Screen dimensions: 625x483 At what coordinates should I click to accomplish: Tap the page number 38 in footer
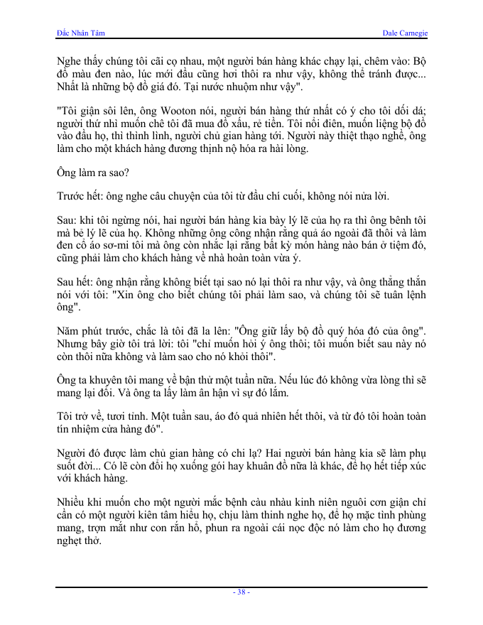241,592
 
